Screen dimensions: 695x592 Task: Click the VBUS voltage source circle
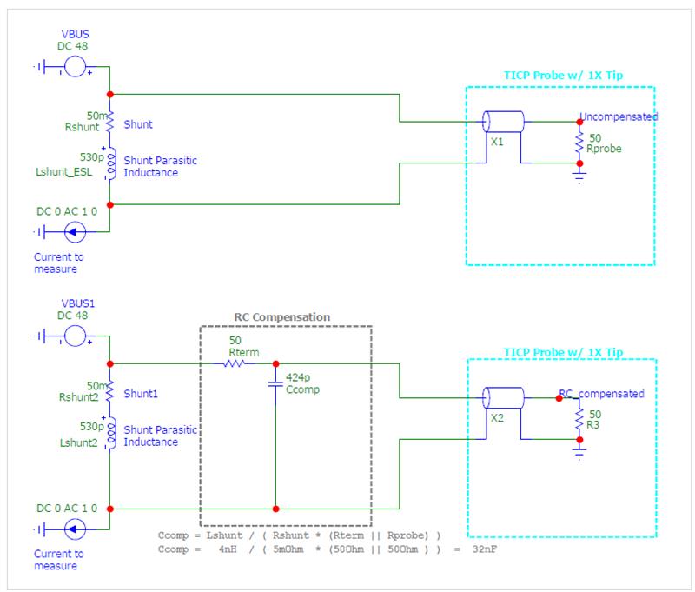pos(75,67)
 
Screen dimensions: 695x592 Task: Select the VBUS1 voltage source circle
pos(75,336)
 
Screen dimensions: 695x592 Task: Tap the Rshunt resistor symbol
pos(109,121)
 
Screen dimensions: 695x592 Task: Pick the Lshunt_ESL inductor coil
pos(111,163)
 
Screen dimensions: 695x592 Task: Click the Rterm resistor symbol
pos(234,363)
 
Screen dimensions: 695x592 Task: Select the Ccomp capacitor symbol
pos(275,384)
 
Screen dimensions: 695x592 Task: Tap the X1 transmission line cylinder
pos(503,122)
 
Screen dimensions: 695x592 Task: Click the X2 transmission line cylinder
pos(503,398)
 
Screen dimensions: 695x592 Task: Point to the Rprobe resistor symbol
pos(579,143)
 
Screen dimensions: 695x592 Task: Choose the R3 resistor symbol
pos(579,419)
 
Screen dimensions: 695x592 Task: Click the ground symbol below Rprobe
pos(579,177)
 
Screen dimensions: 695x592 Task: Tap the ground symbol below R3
pos(579,454)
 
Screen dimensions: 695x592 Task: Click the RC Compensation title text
pos(281,317)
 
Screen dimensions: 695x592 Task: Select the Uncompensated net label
pos(619,116)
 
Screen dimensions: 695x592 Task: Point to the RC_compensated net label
pos(601,393)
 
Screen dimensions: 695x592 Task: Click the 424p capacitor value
pos(298,377)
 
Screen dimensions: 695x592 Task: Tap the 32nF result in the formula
pos(485,549)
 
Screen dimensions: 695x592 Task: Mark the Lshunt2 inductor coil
pos(111,433)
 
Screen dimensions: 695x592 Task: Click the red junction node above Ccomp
pos(275,363)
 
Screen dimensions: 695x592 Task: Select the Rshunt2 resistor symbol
pos(109,390)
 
